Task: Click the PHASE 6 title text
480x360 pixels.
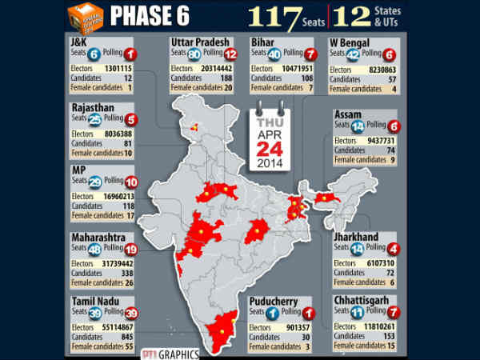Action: tap(161, 16)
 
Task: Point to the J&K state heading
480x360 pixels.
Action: tap(79, 41)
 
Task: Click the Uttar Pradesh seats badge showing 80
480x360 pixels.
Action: tap(193, 54)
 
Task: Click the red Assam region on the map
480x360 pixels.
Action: tap(328, 197)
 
